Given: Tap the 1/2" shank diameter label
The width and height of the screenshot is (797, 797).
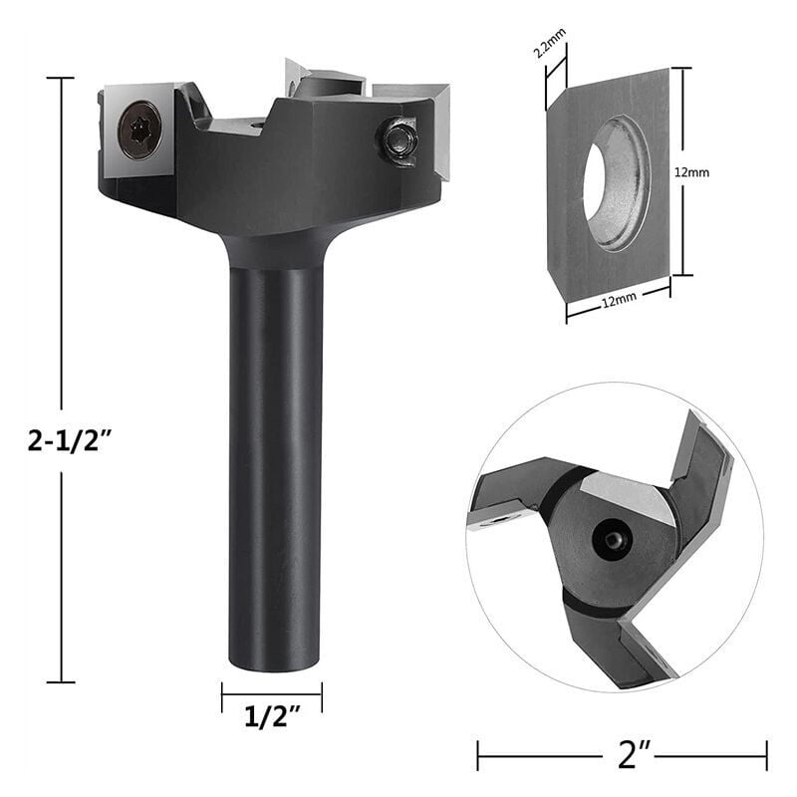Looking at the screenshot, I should [271, 718].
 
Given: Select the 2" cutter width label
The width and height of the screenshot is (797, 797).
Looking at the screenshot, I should [622, 754].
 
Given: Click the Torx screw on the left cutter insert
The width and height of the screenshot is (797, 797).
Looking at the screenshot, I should [139, 131].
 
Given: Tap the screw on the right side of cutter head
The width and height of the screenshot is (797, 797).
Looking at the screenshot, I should [399, 139].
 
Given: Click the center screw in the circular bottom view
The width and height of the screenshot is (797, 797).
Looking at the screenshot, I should [611, 538].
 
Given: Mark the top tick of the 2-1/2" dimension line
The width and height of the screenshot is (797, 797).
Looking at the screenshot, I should [61, 79].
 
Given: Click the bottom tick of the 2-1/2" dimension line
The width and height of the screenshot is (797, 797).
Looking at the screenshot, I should [61, 681].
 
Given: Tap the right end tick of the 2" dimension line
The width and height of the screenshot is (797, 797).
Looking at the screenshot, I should [766, 754].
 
